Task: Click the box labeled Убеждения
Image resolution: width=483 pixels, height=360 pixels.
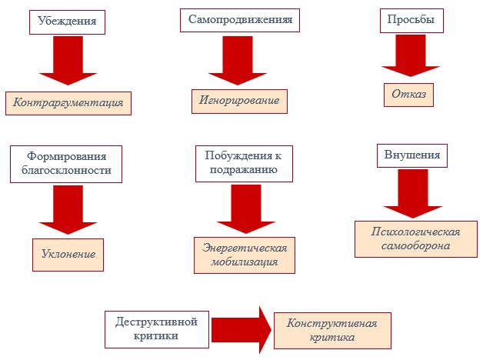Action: pos(67,22)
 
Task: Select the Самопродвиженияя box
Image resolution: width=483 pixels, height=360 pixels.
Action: pos(240,20)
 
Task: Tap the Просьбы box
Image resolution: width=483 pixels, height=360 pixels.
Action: pos(411,21)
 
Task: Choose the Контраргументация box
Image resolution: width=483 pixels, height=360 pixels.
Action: pos(68,103)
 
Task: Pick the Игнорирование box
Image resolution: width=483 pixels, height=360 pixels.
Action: pos(239,102)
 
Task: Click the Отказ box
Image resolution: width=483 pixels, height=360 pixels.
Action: pos(408,95)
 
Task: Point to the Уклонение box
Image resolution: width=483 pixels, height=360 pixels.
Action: pos(68,255)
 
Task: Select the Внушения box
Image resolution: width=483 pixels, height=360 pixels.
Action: pos(412,155)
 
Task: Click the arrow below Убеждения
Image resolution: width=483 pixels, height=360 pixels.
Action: pos(68,60)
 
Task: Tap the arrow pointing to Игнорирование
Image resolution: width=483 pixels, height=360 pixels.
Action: pos(238,60)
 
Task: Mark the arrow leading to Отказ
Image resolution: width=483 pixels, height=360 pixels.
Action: pos(411,55)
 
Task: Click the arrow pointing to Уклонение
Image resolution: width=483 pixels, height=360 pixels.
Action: pos(68,210)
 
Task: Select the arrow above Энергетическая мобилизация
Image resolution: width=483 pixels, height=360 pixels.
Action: pos(246,209)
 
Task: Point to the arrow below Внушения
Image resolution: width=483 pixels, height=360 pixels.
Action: pos(413,194)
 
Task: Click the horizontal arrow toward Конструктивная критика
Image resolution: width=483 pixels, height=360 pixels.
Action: pos(241,330)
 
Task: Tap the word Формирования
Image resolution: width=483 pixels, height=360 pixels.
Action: pos(67,156)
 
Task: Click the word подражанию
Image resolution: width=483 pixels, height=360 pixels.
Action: pos(244,170)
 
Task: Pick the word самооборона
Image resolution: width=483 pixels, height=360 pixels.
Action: pos(415,245)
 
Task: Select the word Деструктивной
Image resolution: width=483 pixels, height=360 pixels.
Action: pos(156,322)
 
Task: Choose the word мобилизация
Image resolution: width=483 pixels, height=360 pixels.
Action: pos(245,262)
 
